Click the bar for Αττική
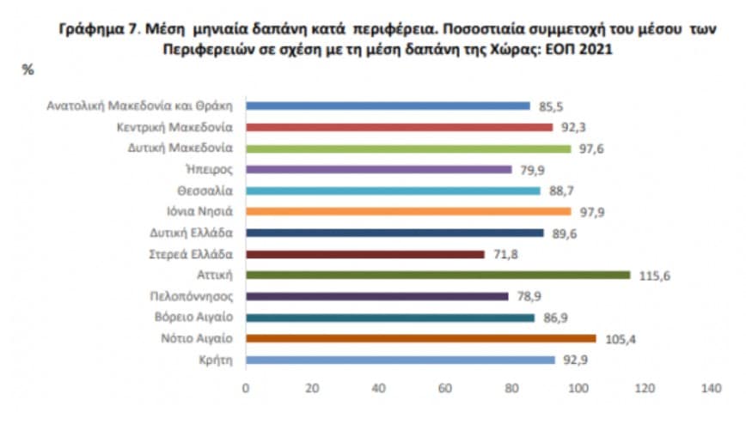pos(437,275)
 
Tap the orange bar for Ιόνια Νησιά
pos(408,211)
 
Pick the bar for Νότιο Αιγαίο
pos(420,338)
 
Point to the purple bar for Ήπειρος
pos(378,169)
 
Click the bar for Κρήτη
pos(400,360)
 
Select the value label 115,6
pos(650,275)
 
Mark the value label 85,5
pos(548,106)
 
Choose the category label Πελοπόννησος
pos(194,296)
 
